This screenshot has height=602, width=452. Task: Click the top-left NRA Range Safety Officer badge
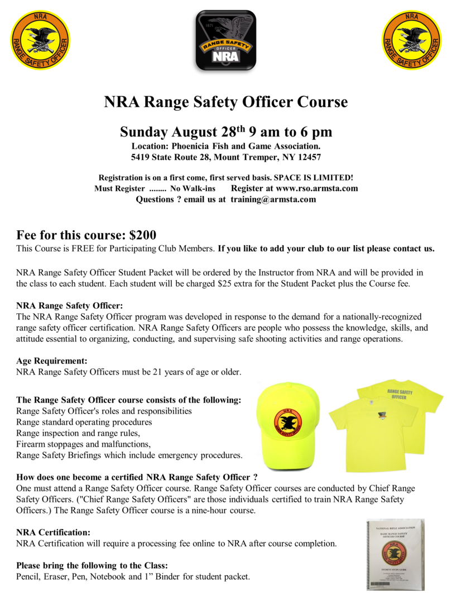tap(41, 40)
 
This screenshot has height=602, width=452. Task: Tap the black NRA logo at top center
tap(226, 40)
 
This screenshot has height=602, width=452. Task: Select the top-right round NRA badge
tap(411, 40)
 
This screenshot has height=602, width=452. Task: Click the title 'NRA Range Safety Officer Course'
tap(226, 103)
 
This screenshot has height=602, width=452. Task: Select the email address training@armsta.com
tap(273, 199)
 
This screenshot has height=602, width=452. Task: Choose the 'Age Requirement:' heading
tap(52, 361)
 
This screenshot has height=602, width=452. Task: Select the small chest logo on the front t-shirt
tap(382, 415)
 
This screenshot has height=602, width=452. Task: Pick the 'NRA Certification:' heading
tap(53, 532)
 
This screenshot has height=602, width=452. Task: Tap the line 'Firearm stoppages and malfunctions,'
tap(84, 444)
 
